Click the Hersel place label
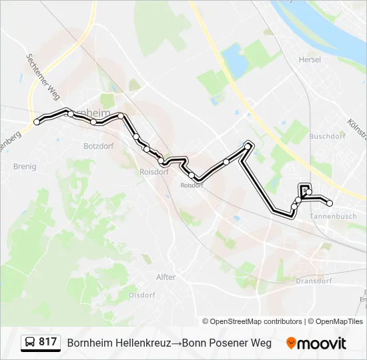click(310, 59)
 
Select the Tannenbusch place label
click(333, 216)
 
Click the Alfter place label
click(165, 277)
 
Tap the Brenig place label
click(25, 167)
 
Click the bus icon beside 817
click(30, 343)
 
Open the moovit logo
click(316, 343)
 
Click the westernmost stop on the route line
click(37, 122)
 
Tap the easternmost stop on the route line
click(330, 203)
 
